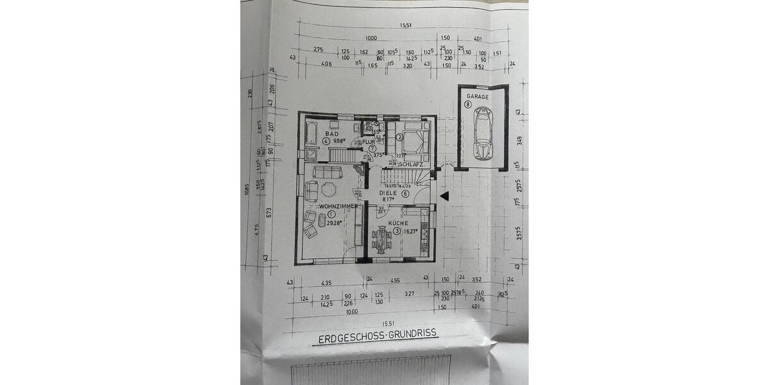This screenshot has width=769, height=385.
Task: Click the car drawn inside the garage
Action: [x=483, y=133]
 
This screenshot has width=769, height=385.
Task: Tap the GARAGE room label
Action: [x=477, y=97]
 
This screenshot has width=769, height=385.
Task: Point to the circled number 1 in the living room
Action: [x=331, y=215]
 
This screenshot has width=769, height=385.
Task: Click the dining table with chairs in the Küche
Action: [x=382, y=239]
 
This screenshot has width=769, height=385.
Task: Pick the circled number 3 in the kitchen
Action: [x=397, y=231]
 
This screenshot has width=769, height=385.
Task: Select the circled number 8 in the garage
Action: [x=468, y=105]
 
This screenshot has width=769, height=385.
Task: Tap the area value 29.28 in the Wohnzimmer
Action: [x=334, y=223]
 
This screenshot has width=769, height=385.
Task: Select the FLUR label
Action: [x=368, y=142]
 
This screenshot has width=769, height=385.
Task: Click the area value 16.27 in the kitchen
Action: [x=411, y=231]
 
